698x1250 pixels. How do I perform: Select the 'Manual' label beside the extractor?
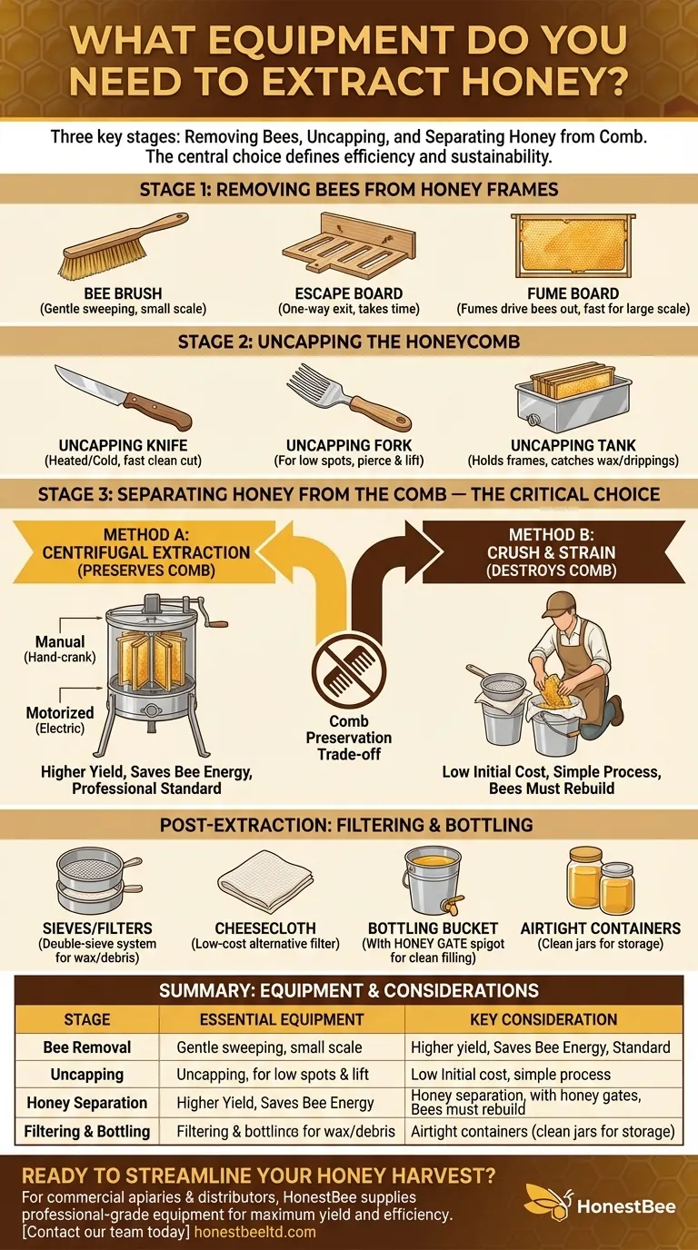click(61, 642)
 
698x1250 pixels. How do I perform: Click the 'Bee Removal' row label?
click(87, 1047)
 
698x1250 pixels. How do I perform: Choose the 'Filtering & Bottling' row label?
click(87, 1131)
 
